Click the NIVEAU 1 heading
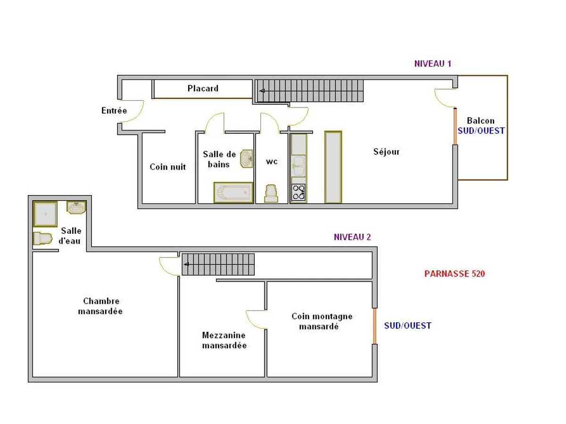(x=433, y=64)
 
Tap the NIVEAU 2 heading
(x=352, y=237)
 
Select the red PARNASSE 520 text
(x=454, y=273)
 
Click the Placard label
(x=203, y=88)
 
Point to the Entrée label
(x=114, y=111)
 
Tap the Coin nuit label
(x=167, y=167)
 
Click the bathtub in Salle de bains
(x=233, y=192)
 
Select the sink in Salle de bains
(x=246, y=159)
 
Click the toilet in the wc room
(x=271, y=193)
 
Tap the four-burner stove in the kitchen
(x=299, y=192)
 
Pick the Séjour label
(x=386, y=152)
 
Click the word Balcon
(x=481, y=121)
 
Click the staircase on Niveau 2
(x=218, y=264)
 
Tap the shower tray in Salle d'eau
(x=45, y=214)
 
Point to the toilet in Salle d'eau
(x=42, y=238)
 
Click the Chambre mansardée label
(x=100, y=306)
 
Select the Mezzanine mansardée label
(x=224, y=340)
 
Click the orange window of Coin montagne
(x=375, y=326)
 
